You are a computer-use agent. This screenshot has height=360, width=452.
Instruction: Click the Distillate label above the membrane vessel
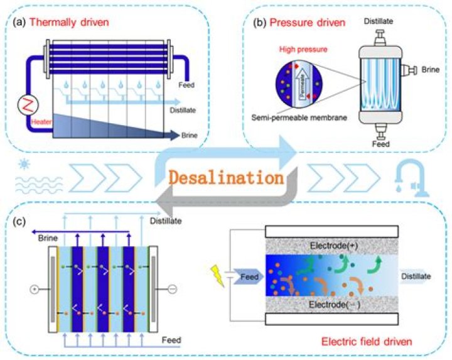[379, 21]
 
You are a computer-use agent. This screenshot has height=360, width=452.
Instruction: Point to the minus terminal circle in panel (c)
[172, 290]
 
